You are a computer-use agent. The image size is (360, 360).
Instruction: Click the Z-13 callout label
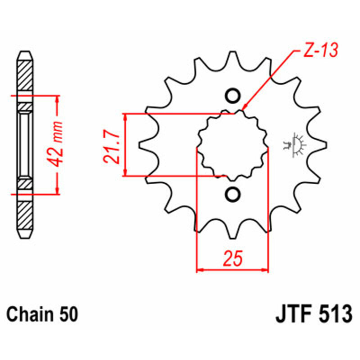pyautogui.click(x=321, y=50)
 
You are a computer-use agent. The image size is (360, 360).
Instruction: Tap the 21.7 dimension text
pyautogui.click(x=112, y=146)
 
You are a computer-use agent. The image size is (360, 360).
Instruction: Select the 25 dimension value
pyautogui.click(x=233, y=258)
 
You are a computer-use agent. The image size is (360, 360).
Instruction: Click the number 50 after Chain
pyautogui.click(x=68, y=315)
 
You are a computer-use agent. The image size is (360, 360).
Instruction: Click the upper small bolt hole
pyautogui.click(x=233, y=96)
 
